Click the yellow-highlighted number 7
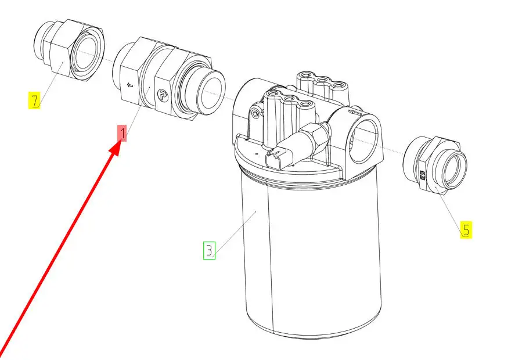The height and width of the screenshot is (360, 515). click(34, 100)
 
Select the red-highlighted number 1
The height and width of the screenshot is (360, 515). click(122, 134)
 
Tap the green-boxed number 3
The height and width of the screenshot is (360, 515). click(209, 250)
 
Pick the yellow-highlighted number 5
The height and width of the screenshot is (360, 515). click(466, 229)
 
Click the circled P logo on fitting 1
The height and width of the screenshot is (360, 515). click(162, 95)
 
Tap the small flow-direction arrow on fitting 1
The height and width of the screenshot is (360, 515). click(130, 85)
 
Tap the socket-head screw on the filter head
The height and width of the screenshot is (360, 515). click(256, 114)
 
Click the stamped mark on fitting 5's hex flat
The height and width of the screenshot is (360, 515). click(422, 175)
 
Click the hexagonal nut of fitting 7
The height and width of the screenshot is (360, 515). click(61, 48)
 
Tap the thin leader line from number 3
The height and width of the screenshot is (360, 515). click(235, 234)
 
